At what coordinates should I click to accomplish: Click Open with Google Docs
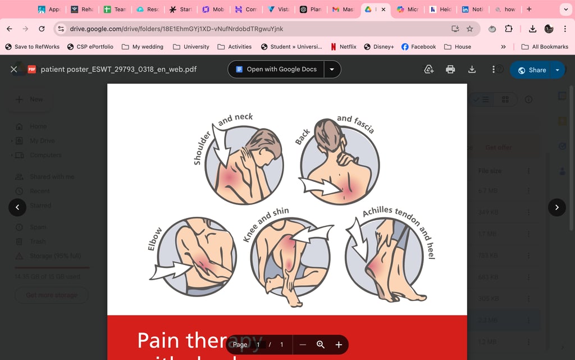tap(276, 70)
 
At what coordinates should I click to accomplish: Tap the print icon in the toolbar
tap(450, 69)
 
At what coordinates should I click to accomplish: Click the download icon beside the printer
tap(472, 69)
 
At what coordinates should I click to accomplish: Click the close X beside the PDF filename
tap(14, 70)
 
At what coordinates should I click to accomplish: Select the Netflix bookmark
tap(343, 47)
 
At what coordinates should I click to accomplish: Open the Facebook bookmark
tap(418, 47)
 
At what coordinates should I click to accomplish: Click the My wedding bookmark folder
tap(143, 47)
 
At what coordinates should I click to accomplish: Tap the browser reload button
tap(42, 29)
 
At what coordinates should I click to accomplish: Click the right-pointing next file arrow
tap(556, 207)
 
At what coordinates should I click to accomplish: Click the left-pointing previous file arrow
tap(17, 207)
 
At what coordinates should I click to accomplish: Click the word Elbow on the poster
tap(155, 239)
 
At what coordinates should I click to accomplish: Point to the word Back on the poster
tap(303, 136)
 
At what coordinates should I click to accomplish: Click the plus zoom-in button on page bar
tap(339, 344)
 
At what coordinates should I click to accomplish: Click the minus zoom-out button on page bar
tap(303, 344)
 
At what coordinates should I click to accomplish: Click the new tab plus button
tap(529, 10)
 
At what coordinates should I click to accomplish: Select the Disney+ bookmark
tap(379, 47)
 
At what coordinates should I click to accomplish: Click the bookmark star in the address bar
tap(470, 29)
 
